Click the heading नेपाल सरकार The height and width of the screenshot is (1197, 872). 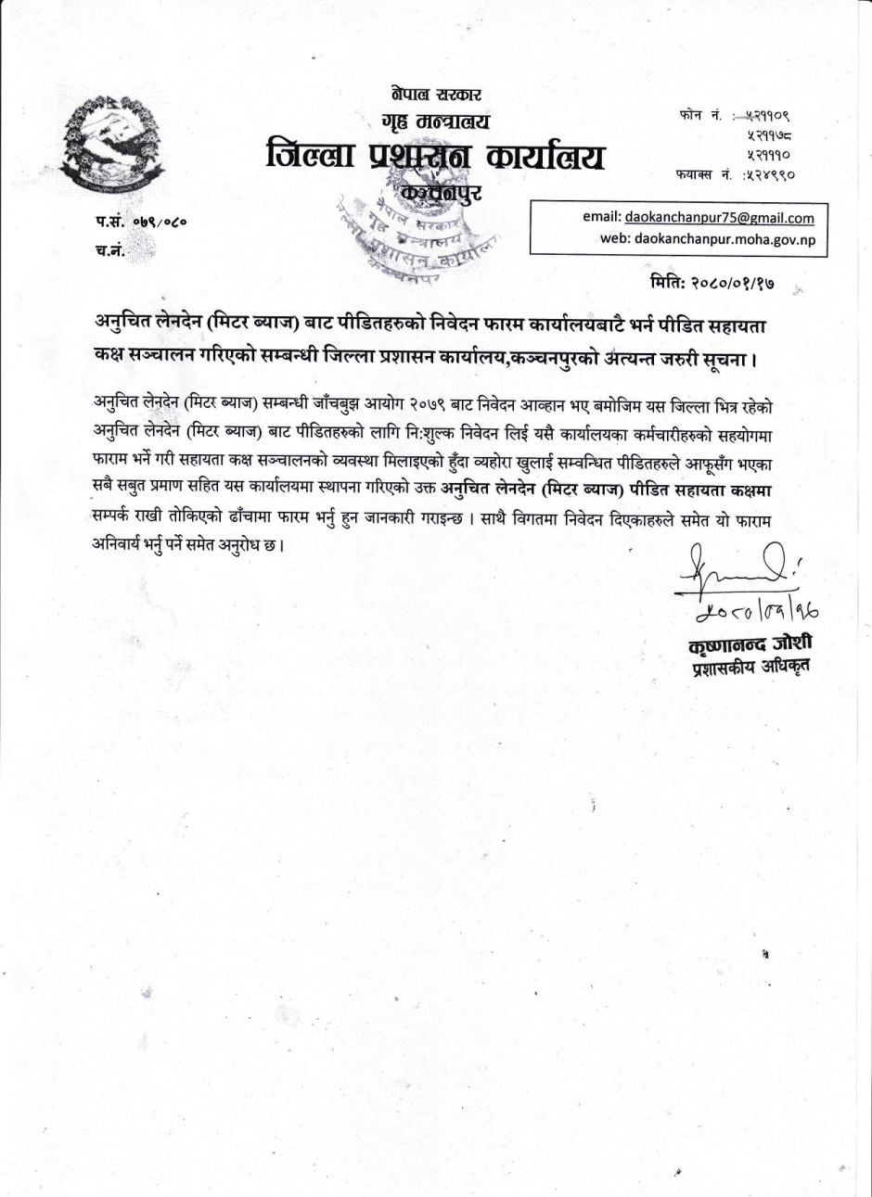coord(435,95)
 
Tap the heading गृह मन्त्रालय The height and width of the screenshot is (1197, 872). coord(435,121)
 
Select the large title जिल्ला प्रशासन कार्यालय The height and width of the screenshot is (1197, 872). coord(435,156)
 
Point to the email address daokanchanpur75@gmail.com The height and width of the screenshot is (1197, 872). coord(719,218)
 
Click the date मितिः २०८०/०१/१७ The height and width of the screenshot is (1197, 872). coord(712,281)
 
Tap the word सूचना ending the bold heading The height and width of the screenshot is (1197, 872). coord(727,358)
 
